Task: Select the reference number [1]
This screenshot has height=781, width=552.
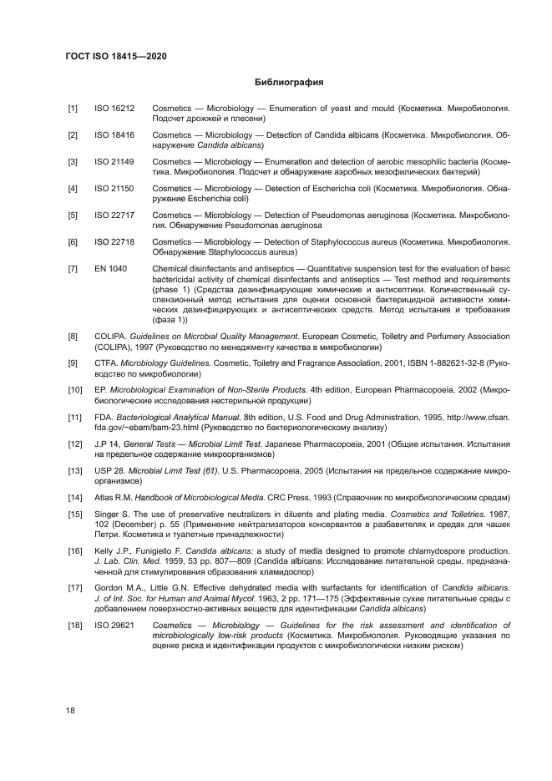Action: tap(73, 109)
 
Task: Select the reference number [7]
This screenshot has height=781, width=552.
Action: tap(73, 268)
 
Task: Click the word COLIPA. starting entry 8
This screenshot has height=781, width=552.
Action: tap(110, 337)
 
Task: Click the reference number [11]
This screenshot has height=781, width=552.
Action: tap(75, 417)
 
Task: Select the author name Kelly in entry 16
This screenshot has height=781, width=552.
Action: tap(104, 551)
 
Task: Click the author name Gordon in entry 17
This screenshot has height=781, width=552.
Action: tap(109, 588)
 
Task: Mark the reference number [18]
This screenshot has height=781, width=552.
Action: tap(75, 625)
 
